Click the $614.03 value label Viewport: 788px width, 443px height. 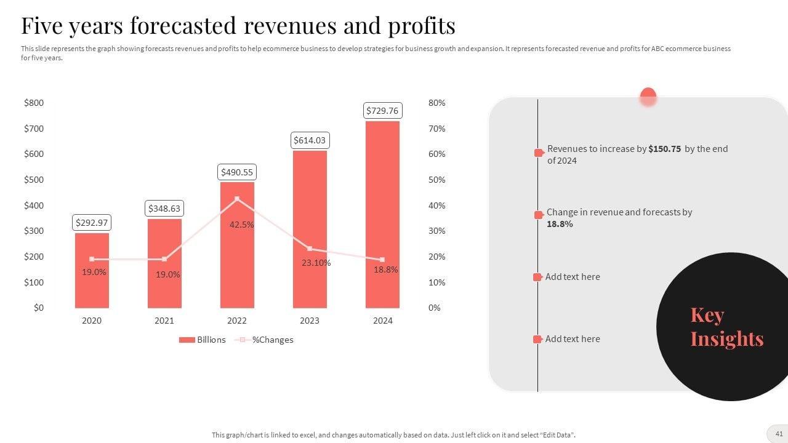pyautogui.click(x=310, y=140)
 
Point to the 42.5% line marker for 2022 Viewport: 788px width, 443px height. pyautogui.click(x=237, y=199)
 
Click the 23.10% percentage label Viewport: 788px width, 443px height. pyautogui.click(x=316, y=263)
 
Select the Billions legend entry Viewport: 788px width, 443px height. pyautogui.click(x=203, y=340)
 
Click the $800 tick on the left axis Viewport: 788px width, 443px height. pyautogui.click(x=34, y=103)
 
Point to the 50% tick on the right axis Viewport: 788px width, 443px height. pyautogui.click(x=436, y=180)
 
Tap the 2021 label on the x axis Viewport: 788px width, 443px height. pyautogui.click(x=164, y=321)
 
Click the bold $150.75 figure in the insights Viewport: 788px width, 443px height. pyautogui.click(x=664, y=149)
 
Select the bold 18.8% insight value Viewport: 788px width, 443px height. pyautogui.click(x=560, y=224)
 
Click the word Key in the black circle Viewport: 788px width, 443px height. pyautogui.click(x=707, y=315)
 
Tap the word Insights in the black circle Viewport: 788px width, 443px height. pyautogui.click(x=726, y=338)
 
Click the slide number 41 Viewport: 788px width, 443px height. pyautogui.click(x=779, y=434)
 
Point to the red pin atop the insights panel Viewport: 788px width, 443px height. pyautogui.click(x=648, y=97)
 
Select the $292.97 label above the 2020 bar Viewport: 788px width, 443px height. pyautogui.click(x=92, y=223)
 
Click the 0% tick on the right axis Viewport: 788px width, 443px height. pyautogui.click(x=435, y=308)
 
